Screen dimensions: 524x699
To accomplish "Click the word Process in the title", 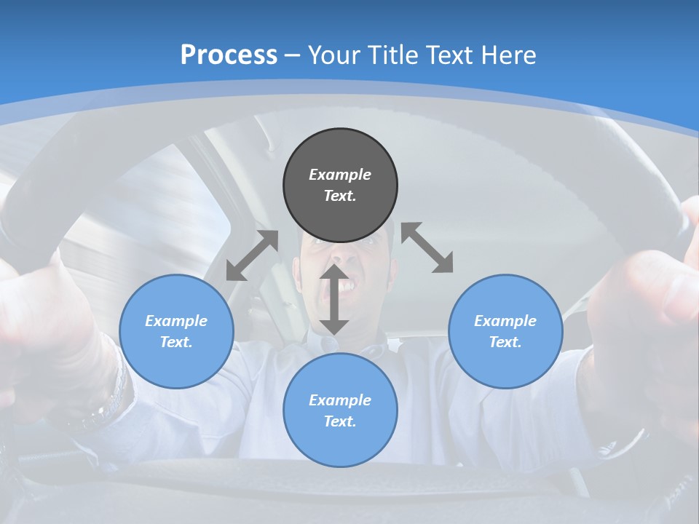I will (x=229, y=55).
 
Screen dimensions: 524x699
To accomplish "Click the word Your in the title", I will (x=333, y=55).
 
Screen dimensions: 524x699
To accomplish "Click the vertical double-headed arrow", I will (x=334, y=299).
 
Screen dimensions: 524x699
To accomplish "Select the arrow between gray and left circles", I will (x=252, y=255).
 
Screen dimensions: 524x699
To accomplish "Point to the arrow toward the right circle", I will (x=427, y=247).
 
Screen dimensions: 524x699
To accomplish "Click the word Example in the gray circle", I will (x=340, y=175).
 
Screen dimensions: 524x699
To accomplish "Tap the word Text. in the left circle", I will (x=176, y=342).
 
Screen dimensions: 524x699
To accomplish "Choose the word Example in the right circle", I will (x=505, y=321).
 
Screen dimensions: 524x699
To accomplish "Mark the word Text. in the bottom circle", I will (x=340, y=421).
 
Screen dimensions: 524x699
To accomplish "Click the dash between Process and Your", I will (x=293, y=55).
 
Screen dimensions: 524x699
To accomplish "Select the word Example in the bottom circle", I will (x=340, y=400).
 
